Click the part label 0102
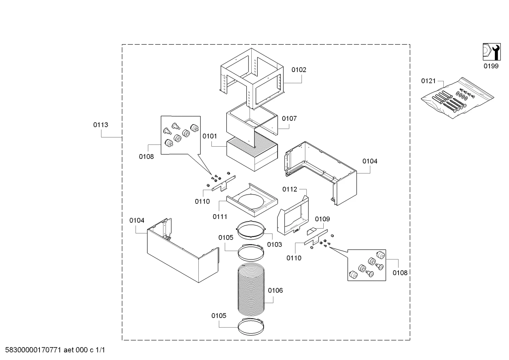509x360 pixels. [x=299, y=70]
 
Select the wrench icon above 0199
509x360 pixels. [x=491, y=52]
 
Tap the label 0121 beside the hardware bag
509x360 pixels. [x=428, y=81]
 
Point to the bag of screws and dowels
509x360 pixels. [x=457, y=98]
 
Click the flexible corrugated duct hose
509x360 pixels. [x=251, y=289]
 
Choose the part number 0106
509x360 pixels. [x=275, y=290]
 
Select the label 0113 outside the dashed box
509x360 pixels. [x=101, y=125]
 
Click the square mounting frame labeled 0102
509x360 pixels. [x=252, y=79]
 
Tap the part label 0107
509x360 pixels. [x=289, y=118]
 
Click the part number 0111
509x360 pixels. [x=220, y=217]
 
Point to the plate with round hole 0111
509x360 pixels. [x=252, y=200]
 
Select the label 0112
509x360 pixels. [x=290, y=189]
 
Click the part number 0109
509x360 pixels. [x=322, y=219]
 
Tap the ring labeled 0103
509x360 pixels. [x=251, y=230]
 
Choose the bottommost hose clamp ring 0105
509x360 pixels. [x=251, y=327]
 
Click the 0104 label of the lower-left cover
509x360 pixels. [x=137, y=220]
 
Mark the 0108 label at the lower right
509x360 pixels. [x=400, y=273]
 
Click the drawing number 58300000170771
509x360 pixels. [x=33, y=350]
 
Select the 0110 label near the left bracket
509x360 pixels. [x=202, y=201]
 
